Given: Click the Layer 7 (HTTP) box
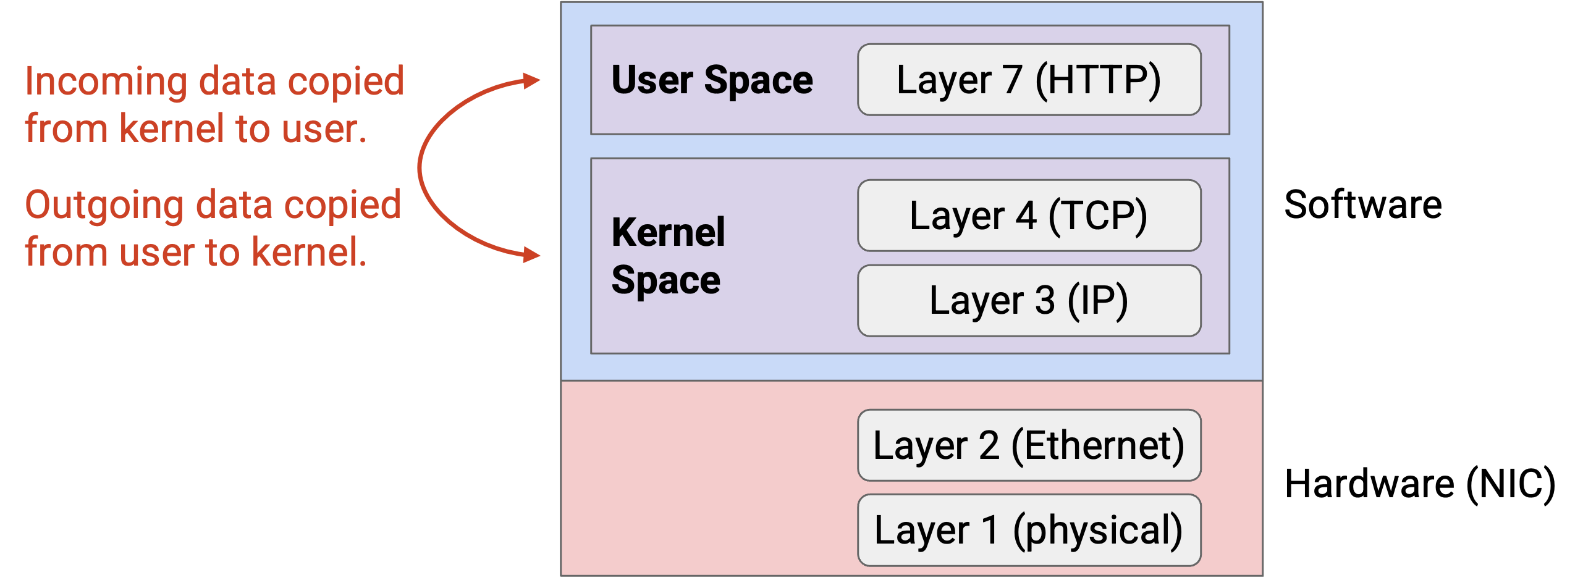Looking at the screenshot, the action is [x=1029, y=80].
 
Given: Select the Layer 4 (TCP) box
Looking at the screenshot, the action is [x=1029, y=216].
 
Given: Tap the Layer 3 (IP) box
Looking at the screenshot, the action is [x=1029, y=301].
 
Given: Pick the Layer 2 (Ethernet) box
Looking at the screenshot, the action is [x=1029, y=445].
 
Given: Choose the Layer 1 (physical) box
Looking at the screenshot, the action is [x=1029, y=530].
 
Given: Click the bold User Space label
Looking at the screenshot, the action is [x=712, y=81].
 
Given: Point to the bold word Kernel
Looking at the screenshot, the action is [x=668, y=232].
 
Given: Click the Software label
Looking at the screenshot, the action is [x=1363, y=204].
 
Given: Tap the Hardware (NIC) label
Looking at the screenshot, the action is [x=1420, y=484].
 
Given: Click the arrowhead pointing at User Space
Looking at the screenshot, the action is [x=531, y=80].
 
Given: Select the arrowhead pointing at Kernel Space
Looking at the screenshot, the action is [x=531, y=254].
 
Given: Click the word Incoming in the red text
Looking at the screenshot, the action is [x=106, y=82].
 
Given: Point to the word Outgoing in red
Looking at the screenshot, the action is [x=104, y=206].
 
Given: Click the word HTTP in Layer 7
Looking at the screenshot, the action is [x=1098, y=80].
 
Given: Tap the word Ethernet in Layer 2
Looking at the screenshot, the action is [x=1098, y=445].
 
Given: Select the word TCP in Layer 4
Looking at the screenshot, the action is [x=1098, y=216].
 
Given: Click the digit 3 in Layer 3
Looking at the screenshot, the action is [x=1045, y=301].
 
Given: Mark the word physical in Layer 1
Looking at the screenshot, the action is [x=1097, y=531].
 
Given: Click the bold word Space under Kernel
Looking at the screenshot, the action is [x=666, y=281].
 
